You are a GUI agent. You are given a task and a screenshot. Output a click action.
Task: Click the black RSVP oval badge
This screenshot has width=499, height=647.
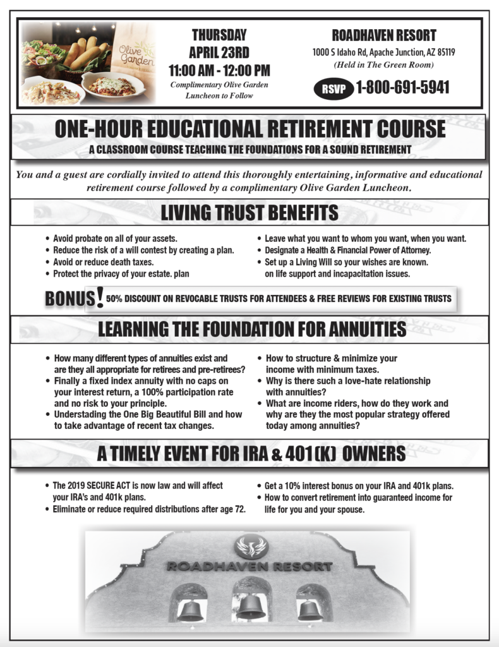point(334,88)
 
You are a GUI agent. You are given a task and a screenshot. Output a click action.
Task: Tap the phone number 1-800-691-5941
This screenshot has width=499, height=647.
point(402,87)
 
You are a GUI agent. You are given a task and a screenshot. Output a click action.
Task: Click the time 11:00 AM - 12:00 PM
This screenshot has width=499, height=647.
point(219,70)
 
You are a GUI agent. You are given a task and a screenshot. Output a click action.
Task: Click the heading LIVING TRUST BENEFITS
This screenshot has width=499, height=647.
point(249,213)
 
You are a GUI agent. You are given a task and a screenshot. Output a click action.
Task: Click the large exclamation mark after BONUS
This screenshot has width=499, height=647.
point(99,297)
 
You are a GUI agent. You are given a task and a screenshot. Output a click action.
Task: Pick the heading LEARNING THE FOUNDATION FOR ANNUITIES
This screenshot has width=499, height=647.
point(252,329)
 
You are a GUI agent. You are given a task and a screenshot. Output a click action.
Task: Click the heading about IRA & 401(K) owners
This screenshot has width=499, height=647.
point(251,454)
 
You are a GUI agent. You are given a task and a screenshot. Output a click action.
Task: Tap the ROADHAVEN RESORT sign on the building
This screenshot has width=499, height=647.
point(249,566)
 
